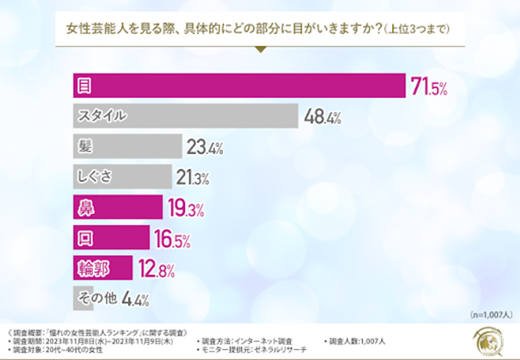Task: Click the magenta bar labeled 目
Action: (239, 86)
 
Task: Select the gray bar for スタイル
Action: (185, 116)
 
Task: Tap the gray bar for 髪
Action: (127, 146)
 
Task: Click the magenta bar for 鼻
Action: (118, 206)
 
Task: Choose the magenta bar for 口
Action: (111, 237)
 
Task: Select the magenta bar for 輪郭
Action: (103, 267)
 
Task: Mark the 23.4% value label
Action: (204, 147)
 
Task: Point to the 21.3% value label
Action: (192, 178)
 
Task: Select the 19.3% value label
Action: (186, 208)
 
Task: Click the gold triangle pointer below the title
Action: (261, 49)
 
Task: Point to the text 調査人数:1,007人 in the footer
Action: (358, 341)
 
